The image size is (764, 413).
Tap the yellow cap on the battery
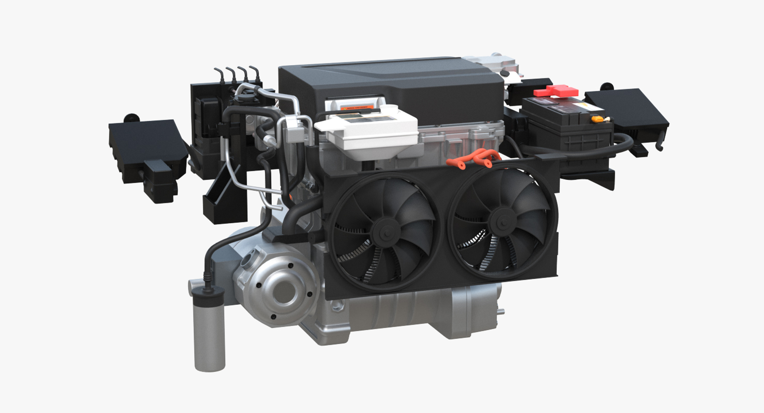(x=596, y=119)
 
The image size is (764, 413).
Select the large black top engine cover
(x=390, y=84)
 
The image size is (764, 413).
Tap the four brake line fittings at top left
(x=236, y=74)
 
